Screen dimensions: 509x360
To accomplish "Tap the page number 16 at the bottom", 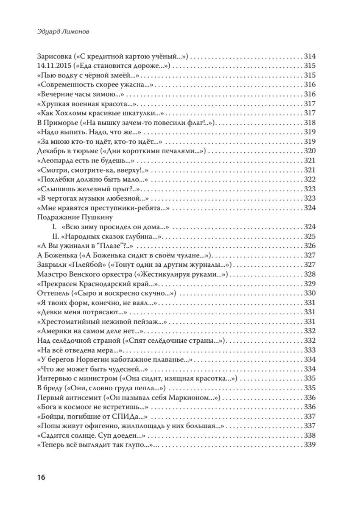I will pyautogui.click(x=41, y=477).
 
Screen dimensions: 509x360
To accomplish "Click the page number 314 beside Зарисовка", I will pyautogui.click(x=311, y=56).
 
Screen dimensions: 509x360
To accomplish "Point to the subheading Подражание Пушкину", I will pyautogui.click(x=74, y=218).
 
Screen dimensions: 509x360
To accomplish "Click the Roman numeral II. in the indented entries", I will pyautogui.click(x=54, y=236).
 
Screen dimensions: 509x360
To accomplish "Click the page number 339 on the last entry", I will pyautogui.click(x=311, y=445).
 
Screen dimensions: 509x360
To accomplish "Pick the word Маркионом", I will pyautogui.click(x=190, y=397).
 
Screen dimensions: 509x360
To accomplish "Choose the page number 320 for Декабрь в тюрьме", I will pyautogui.click(x=311, y=151).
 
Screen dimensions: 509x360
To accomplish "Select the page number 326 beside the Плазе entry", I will pyautogui.click(x=311, y=246).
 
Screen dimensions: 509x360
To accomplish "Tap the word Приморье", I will pyautogui.click(x=60, y=123).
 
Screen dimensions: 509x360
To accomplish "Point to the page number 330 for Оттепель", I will pyautogui.click(x=311, y=293).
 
